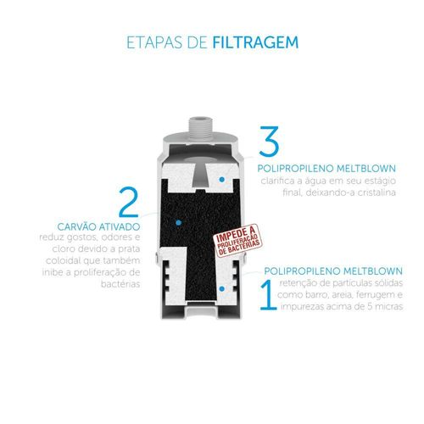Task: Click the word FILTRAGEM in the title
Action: point(255,42)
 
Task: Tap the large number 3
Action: point(269,142)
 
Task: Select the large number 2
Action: point(129,203)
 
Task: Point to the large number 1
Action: point(268,295)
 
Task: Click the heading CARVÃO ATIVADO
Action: point(98,226)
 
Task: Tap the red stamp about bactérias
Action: point(238,240)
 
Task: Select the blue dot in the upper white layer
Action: point(222,180)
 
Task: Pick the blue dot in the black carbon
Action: point(178,223)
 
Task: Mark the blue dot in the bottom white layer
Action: point(222,289)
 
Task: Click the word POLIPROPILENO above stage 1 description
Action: point(298,271)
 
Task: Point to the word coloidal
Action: point(59,260)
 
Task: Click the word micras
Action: point(390,307)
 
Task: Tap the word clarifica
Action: point(276,181)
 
